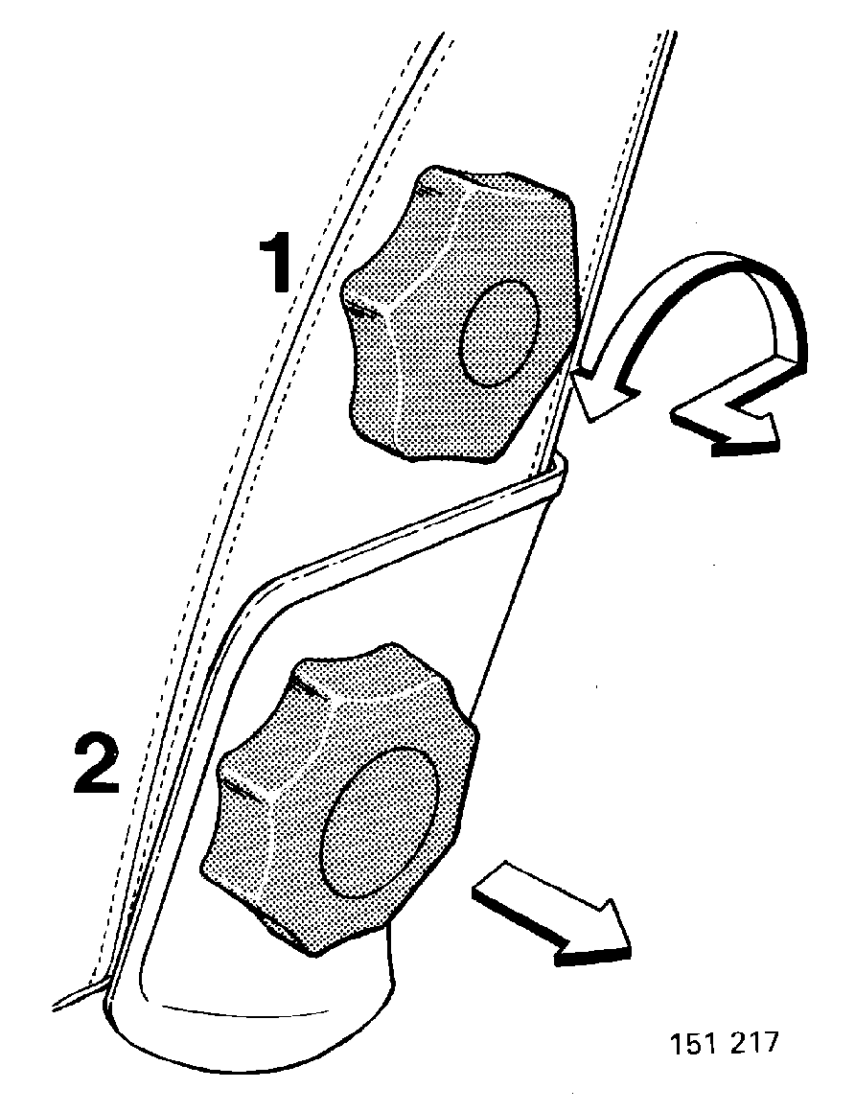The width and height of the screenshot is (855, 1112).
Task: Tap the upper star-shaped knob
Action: click(461, 315)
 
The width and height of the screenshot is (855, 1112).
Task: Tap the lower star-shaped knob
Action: click(339, 798)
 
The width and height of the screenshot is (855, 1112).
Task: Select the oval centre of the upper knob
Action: click(499, 333)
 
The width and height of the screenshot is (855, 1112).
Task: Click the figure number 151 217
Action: click(724, 1043)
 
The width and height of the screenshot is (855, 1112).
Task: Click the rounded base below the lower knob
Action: click(248, 1021)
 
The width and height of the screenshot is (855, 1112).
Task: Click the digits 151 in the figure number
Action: click(690, 1043)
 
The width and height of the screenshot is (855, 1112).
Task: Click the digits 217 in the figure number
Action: click(752, 1043)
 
